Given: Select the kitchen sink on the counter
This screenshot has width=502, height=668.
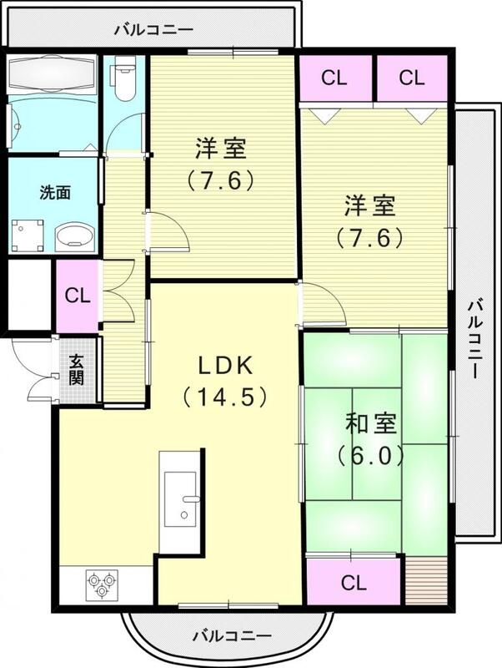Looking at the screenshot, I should [x=180, y=499].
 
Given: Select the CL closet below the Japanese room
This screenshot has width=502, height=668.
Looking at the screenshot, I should [x=354, y=582].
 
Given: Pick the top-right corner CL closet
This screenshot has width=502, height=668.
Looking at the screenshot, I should [x=411, y=79].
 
